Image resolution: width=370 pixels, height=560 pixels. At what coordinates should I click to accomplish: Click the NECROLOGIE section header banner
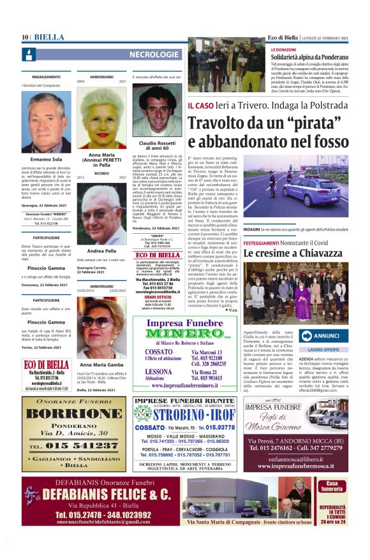[x=152, y=55]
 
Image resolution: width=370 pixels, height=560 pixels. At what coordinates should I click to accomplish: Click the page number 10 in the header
[x=26, y=38]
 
